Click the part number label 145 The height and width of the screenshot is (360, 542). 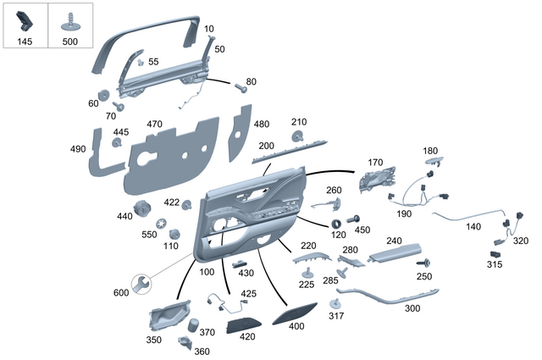click(x=24, y=42)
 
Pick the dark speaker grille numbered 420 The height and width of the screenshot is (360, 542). click(x=246, y=322)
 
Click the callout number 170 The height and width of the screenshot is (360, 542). click(x=375, y=162)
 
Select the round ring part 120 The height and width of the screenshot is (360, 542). click(x=337, y=224)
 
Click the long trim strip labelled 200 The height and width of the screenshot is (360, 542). click(x=293, y=150)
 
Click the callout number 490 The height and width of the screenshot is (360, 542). click(x=78, y=150)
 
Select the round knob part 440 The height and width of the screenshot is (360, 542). click(x=141, y=206)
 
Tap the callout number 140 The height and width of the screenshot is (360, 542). click(x=473, y=227)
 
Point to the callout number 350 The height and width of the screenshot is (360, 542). click(x=153, y=340)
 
